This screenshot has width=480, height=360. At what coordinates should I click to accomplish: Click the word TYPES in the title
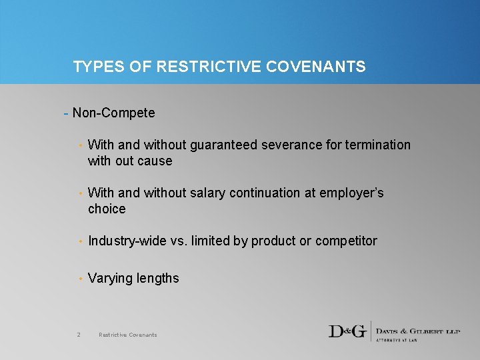pos(93,67)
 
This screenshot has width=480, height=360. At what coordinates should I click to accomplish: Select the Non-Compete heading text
pos(114,113)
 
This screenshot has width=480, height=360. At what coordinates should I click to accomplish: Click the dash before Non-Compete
pos(65,113)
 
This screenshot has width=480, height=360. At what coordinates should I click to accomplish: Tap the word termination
pos(378,145)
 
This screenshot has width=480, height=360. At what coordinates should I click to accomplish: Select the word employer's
pos(353,193)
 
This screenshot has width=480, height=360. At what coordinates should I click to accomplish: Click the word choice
pos(107,209)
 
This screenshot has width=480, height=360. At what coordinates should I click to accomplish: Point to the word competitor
pos(346,241)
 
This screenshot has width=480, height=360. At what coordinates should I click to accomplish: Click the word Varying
pos(110,278)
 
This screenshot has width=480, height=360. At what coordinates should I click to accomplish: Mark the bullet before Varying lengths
pos(81,279)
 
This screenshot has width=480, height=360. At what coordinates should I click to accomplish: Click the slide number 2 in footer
pos(79,335)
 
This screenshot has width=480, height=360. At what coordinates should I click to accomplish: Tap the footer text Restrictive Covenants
pos(128,335)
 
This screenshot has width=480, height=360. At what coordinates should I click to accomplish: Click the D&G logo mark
pos(347,331)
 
